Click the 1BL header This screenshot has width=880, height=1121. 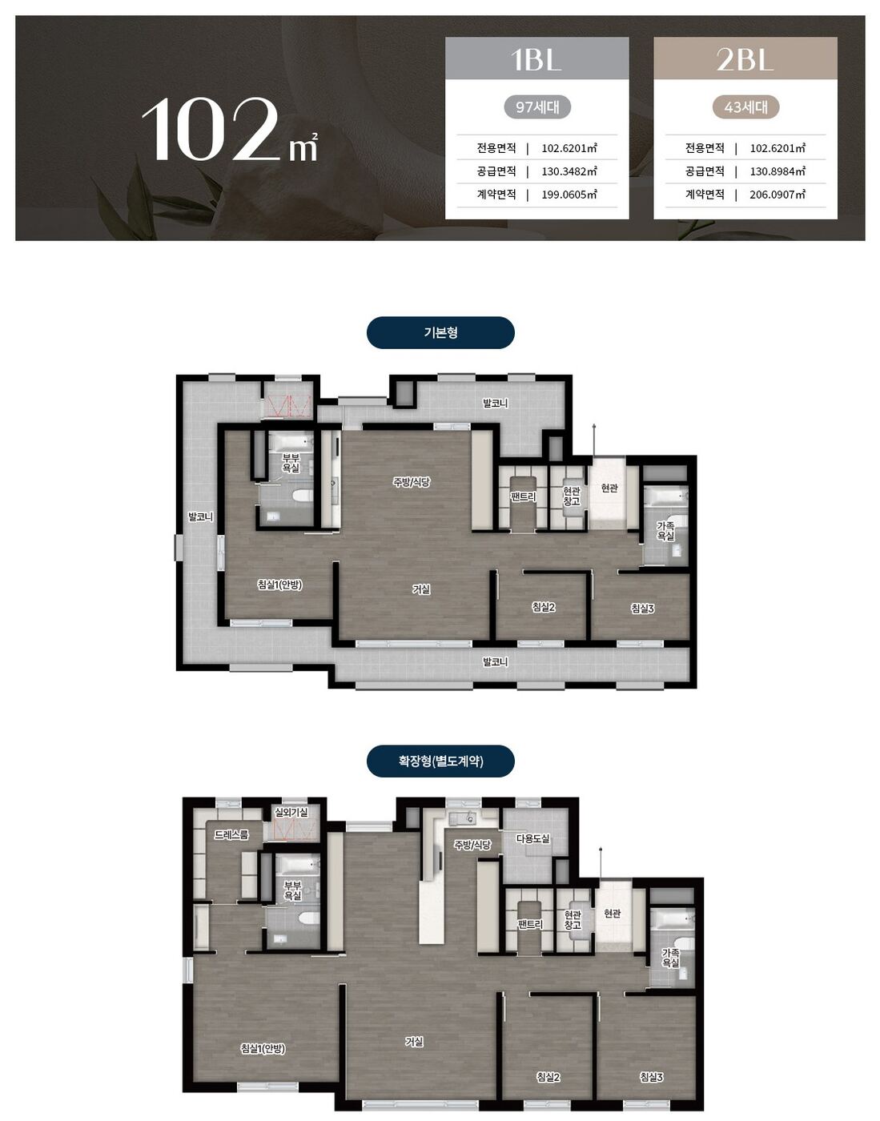(536, 58)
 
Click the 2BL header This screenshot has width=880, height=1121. (745, 58)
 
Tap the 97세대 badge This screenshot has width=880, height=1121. (537, 107)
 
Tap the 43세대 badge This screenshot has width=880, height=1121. (745, 107)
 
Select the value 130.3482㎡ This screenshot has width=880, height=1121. (569, 171)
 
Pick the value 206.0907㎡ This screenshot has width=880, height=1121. (778, 195)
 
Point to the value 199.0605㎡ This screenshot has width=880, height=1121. (569, 195)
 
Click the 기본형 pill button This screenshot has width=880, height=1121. (440, 332)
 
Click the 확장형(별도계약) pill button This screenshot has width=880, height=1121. (440, 761)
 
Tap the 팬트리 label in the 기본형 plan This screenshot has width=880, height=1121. (523, 496)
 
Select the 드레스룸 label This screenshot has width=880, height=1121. (231, 834)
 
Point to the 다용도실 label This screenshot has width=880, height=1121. (532, 838)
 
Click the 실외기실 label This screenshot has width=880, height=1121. (291, 813)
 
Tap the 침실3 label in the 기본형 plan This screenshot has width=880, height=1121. (642, 609)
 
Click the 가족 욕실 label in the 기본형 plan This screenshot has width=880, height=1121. (665, 531)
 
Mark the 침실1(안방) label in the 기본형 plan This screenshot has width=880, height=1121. (279, 585)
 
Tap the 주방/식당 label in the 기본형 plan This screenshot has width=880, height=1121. (411, 482)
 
